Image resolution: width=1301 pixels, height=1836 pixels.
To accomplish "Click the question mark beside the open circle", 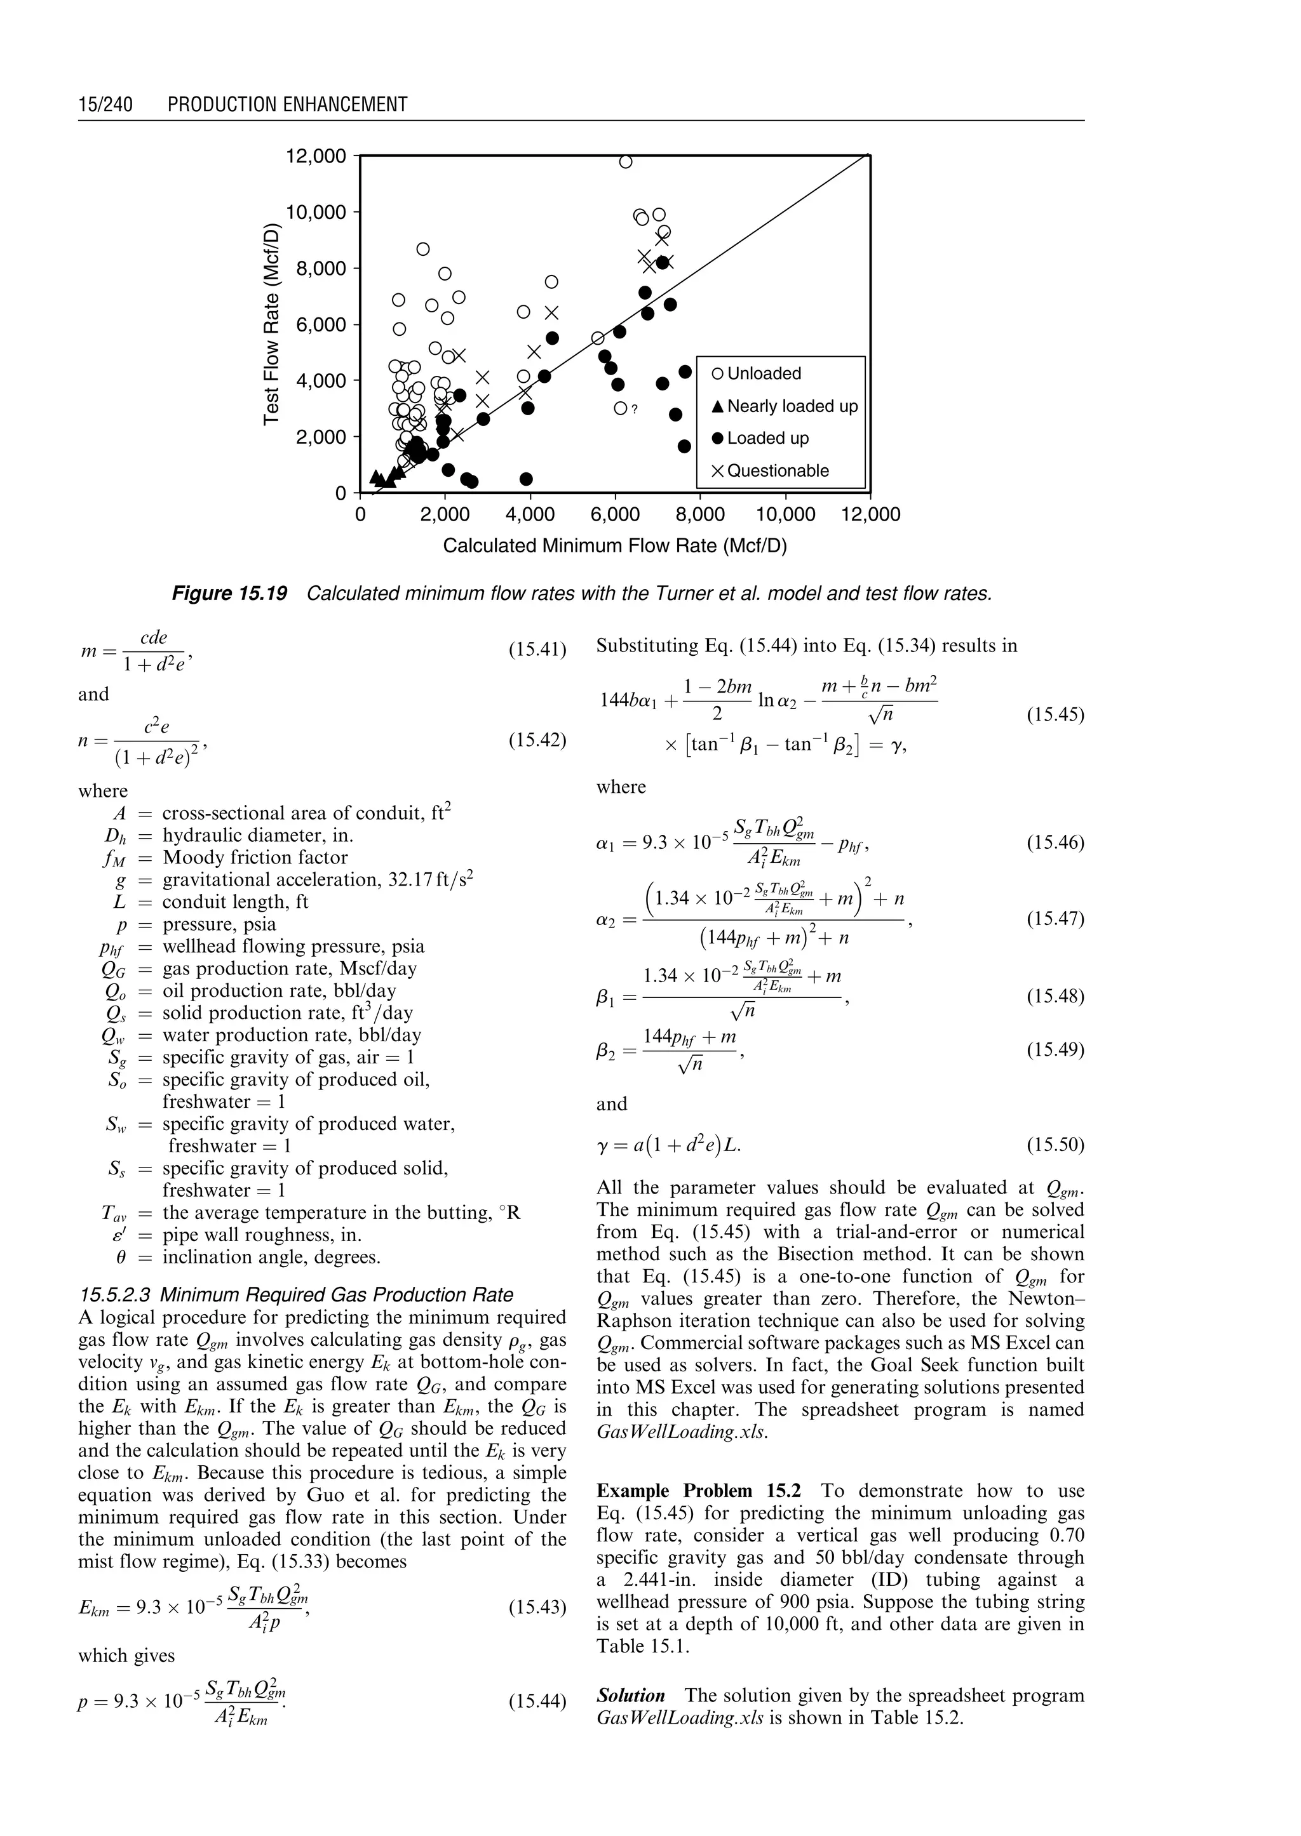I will pyautogui.click(x=634, y=409).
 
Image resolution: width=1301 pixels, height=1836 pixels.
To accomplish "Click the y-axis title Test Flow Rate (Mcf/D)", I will pyautogui.click(x=273, y=324).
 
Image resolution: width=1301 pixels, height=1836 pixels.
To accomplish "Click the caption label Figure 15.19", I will pyautogui.click(x=230, y=594).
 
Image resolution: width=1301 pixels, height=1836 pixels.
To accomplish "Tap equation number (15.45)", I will pyautogui.click(x=1055, y=714).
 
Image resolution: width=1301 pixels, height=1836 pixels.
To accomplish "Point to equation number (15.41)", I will pyautogui.click(x=537, y=649).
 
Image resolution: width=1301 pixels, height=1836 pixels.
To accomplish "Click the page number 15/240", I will pyautogui.click(x=105, y=104).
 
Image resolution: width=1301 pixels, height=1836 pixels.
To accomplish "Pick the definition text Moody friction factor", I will pyautogui.click(x=255, y=858).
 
